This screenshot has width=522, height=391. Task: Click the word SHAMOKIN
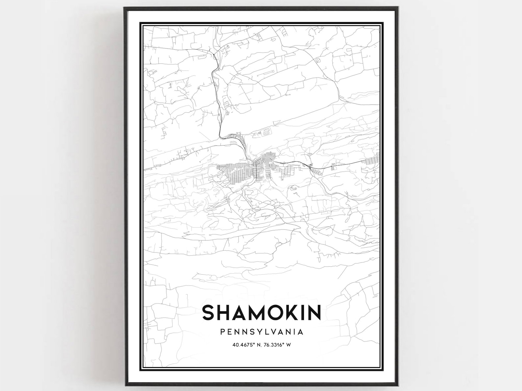pos(262,312)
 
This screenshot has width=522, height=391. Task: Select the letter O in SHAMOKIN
pos(272,312)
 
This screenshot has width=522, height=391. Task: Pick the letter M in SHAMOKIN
pos(252,312)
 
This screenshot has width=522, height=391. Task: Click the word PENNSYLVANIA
pos(262,332)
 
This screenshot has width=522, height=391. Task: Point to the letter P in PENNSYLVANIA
pos(223,332)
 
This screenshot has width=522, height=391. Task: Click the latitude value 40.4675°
pos(243,345)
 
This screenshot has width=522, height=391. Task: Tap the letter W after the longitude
pos(289,345)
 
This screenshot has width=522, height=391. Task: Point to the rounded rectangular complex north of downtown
pos(267,133)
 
